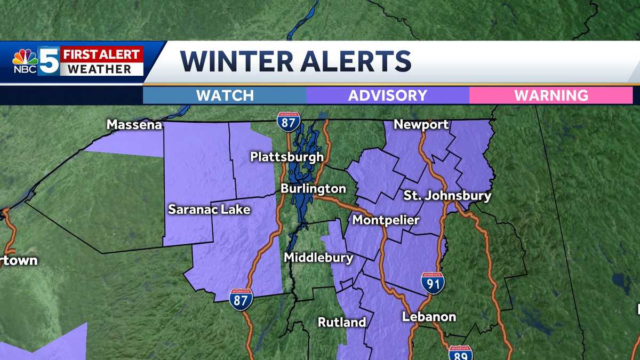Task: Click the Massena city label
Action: pos(134,125)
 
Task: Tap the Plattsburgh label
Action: pos(287,157)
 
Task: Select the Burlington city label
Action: pos(313,189)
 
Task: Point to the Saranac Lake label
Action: pos(209,209)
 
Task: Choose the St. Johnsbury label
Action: pos(447,196)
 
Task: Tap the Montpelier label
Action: pos(386,220)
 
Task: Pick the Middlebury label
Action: pos(318,258)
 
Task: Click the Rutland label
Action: pos(342,322)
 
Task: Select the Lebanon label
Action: pos(429,317)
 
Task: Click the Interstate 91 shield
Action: pos(432,283)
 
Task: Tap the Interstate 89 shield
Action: pos(460,353)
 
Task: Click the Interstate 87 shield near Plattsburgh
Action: pos(288,122)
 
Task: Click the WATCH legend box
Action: pos(225,95)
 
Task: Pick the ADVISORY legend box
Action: pos(388,95)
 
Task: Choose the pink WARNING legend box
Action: pos(550,95)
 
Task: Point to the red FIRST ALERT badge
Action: pos(101,54)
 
